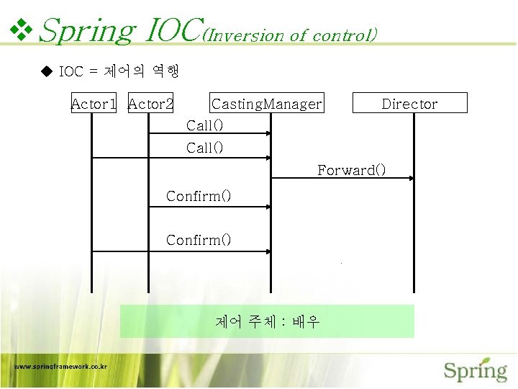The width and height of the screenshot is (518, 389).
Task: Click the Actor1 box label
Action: (x=94, y=104)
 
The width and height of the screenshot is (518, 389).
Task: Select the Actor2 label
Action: (x=150, y=104)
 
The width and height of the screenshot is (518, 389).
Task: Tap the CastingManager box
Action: (x=267, y=104)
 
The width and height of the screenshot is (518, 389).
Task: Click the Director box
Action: (x=409, y=104)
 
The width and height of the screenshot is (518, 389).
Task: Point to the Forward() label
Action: (x=352, y=170)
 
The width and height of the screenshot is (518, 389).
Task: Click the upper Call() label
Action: (x=205, y=125)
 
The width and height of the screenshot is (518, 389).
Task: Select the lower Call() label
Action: (x=205, y=148)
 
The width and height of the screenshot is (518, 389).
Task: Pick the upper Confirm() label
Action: (x=199, y=196)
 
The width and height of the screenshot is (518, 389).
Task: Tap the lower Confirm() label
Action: (x=199, y=240)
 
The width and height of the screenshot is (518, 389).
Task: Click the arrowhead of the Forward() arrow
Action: (x=411, y=178)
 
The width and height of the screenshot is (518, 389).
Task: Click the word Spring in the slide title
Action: (x=86, y=30)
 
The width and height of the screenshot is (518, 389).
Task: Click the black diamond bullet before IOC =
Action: (x=47, y=71)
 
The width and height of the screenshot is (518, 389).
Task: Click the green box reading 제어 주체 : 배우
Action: (x=267, y=321)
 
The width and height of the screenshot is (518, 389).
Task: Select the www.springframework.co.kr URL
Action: (x=61, y=366)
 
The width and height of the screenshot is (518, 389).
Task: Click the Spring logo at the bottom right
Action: (x=475, y=370)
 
